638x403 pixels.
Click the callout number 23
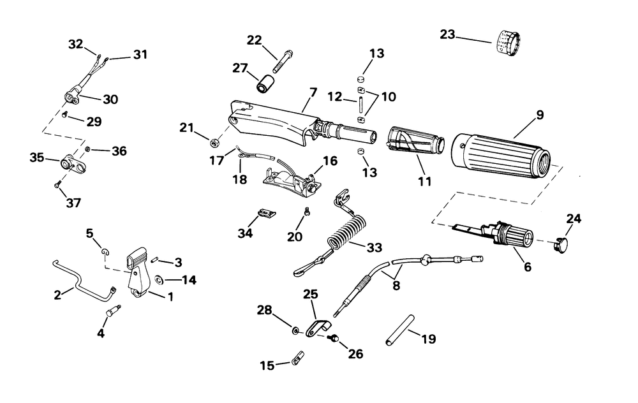(447, 34)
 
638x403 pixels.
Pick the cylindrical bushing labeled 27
(265, 82)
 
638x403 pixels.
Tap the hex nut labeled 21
(214, 143)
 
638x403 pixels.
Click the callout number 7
(313, 93)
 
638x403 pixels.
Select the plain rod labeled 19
(400, 330)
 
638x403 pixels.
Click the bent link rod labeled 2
(82, 281)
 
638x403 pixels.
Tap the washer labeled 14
(159, 279)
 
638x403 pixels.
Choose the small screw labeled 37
(57, 185)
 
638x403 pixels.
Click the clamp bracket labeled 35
(69, 162)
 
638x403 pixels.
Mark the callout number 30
(110, 99)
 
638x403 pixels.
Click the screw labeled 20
(308, 212)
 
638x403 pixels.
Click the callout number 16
(330, 161)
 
